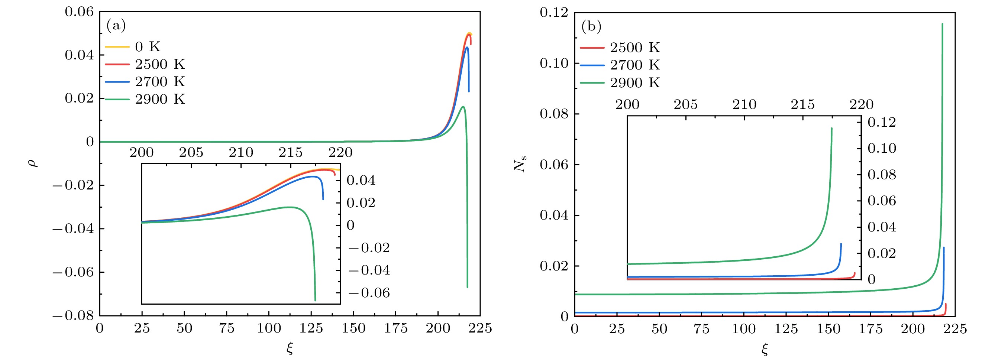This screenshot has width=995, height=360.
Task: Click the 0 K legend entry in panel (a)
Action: click(147, 47)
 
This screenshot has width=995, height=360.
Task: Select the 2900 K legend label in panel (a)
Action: click(159, 99)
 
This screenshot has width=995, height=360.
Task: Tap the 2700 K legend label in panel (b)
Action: click(634, 65)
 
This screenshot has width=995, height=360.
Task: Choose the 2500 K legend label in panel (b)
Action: click(634, 48)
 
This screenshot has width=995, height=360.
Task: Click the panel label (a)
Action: click(116, 26)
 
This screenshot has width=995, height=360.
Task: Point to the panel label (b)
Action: click(591, 26)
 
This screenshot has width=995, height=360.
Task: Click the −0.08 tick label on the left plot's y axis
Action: click(72, 315)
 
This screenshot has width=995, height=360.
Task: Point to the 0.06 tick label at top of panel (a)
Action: click(79, 12)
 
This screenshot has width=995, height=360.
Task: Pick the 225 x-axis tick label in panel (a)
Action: click(480, 328)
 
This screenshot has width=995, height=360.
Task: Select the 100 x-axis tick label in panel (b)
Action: click(743, 329)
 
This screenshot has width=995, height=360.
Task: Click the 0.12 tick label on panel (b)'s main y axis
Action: click(554, 13)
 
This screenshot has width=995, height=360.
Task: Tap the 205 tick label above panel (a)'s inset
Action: click(191, 152)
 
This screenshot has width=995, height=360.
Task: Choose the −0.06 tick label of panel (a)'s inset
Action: click(369, 293)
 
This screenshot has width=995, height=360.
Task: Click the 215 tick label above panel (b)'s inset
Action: click(802, 104)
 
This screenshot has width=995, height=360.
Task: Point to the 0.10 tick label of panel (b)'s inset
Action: click(882, 148)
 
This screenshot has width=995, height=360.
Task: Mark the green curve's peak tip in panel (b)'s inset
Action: click(831, 128)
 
